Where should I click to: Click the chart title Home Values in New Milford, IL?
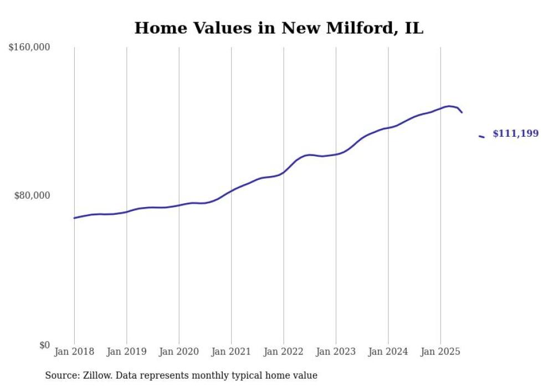tap(279, 28)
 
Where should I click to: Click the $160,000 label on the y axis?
tap(29, 48)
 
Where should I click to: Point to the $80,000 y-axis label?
tap(32, 195)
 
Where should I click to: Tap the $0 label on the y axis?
tap(44, 345)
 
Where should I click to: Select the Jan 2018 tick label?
tap(74, 352)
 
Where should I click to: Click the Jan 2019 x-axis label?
tap(126, 352)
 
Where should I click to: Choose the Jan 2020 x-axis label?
tap(179, 352)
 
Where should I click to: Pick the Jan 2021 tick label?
tap(231, 352)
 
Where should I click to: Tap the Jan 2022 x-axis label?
tap(284, 352)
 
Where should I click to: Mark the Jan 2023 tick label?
tap(336, 352)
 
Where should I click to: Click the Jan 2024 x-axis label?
tap(388, 352)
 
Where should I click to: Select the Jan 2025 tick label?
tap(440, 352)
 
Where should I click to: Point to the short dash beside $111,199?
tap(481, 136)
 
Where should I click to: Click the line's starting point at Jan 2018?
tap(75, 218)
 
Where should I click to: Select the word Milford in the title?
tap(350, 28)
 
